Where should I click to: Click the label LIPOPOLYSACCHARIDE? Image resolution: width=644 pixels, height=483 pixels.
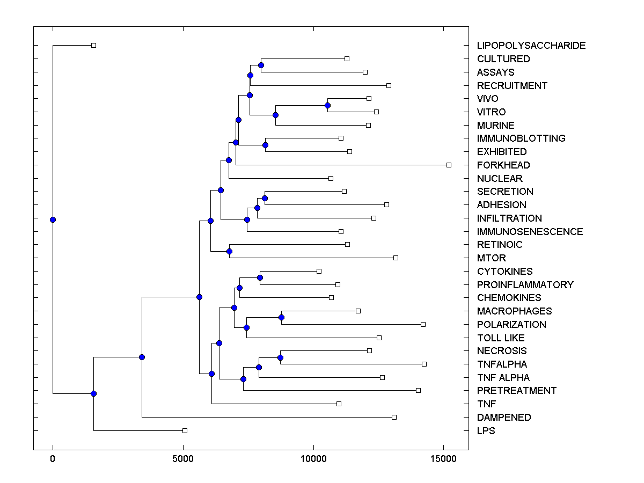click(531, 46)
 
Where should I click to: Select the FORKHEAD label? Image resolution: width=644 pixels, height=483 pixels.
click(503, 165)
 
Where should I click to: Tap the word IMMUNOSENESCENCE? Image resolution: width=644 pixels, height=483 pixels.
click(530, 232)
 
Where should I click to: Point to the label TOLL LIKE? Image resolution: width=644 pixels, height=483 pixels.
click(500, 338)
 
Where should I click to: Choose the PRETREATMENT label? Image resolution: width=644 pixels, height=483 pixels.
click(516, 391)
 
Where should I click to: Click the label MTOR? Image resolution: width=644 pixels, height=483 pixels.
click(491, 258)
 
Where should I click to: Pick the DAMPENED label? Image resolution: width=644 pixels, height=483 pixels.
click(503, 418)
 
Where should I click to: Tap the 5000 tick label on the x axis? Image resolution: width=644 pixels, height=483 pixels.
click(183, 459)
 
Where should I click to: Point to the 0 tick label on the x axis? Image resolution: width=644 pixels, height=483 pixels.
click(53, 459)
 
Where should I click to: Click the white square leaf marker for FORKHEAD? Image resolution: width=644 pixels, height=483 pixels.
click(449, 165)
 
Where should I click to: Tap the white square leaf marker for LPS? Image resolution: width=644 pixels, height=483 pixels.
click(185, 430)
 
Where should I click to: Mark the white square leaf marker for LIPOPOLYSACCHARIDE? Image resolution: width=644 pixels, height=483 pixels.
click(93, 45)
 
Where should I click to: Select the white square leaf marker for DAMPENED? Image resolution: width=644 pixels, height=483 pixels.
click(394, 417)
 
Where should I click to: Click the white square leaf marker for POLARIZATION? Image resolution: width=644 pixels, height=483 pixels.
click(423, 324)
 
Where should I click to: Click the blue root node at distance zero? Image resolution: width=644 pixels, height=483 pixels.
click(53, 219)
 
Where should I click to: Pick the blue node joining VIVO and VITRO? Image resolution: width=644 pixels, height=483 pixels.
click(327, 105)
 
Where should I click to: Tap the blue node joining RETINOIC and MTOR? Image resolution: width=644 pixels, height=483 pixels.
click(229, 251)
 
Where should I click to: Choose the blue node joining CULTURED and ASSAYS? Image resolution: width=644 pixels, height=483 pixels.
click(261, 65)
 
